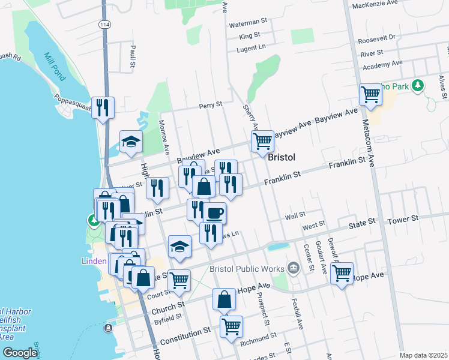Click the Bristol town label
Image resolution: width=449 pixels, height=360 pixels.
(281, 157)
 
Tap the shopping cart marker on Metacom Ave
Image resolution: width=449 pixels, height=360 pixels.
(371, 95)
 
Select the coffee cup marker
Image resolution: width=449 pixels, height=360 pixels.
(214, 212)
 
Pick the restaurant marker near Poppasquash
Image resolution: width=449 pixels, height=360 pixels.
(103, 108)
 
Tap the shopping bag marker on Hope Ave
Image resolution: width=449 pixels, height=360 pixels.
(224, 300)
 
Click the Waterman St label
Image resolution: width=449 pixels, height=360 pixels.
(248, 22)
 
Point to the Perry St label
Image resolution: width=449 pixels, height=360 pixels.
(211, 104)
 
